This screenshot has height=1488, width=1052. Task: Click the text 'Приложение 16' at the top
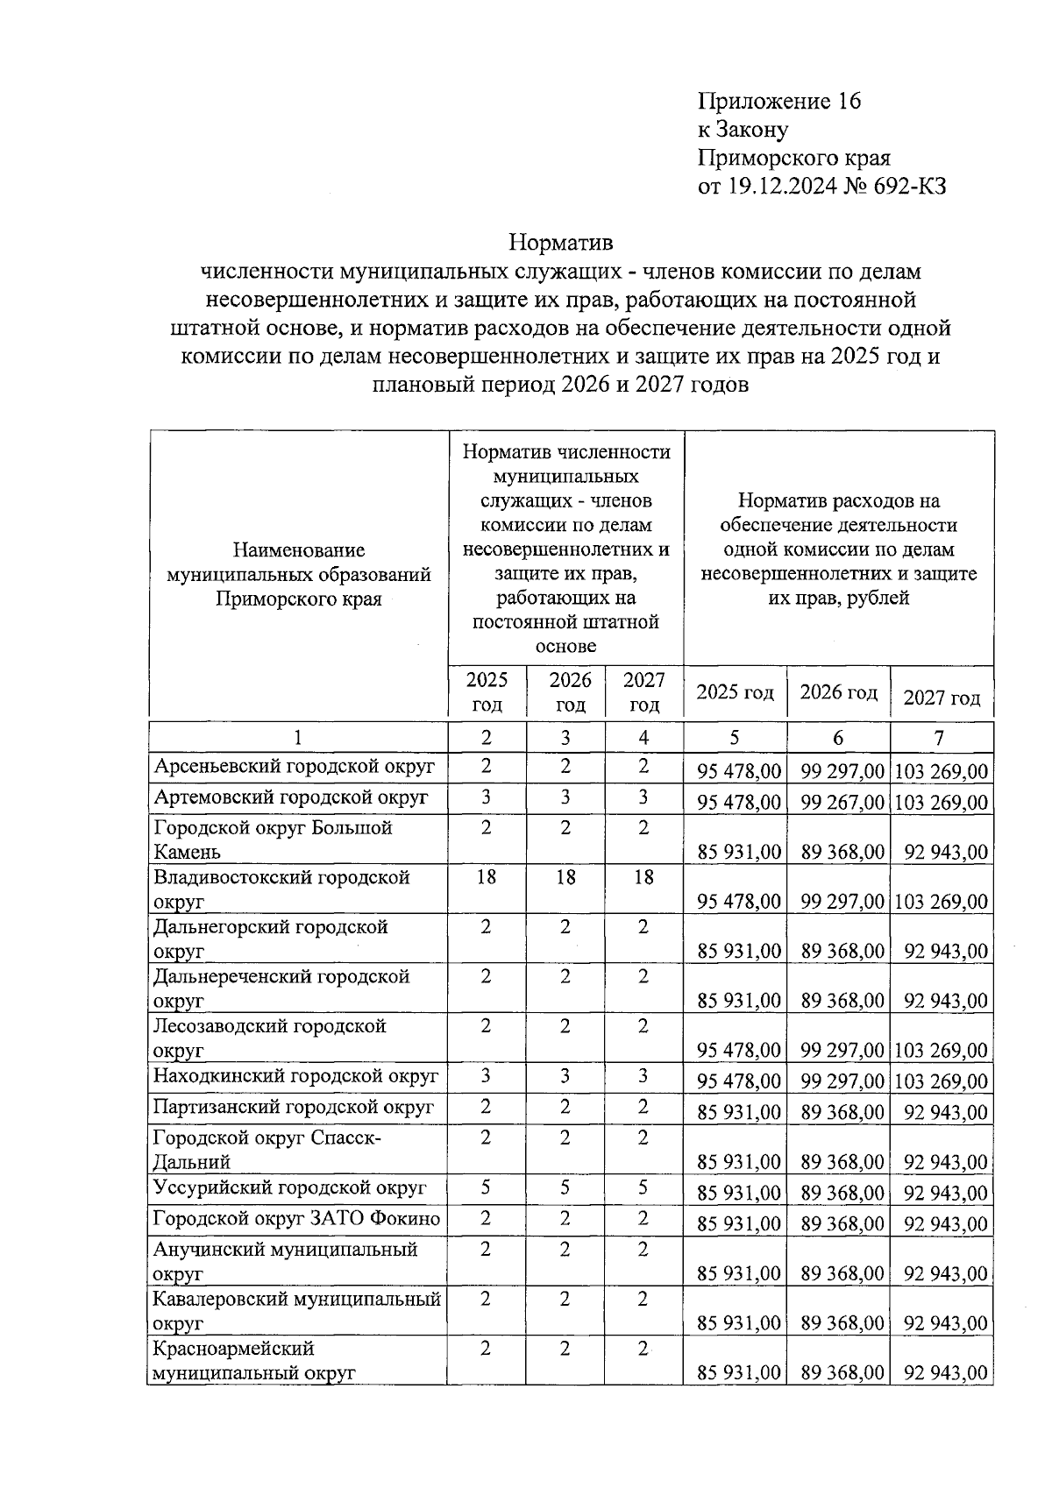coord(778,102)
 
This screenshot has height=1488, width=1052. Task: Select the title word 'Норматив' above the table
coord(562,242)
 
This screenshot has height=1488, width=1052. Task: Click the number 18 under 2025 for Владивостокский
coord(487,877)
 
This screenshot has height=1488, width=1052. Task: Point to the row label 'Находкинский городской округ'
coord(295,1076)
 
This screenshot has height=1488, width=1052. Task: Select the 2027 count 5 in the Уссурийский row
coord(643,1188)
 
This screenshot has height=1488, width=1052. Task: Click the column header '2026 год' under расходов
coord(838,692)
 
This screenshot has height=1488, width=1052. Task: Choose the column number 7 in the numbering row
coord(940,738)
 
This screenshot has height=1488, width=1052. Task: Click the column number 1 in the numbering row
coord(298,738)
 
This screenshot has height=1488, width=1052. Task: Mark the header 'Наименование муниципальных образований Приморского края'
coord(298,575)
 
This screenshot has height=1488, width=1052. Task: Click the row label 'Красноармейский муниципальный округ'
coord(254,1360)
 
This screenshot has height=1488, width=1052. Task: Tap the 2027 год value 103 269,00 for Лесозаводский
coord(941,1050)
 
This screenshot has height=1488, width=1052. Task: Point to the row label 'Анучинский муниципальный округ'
coord(284,1261)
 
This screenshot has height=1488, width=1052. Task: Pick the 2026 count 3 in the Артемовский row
coord(565,797)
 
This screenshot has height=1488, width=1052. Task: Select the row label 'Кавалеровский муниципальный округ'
coord(296,1311)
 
